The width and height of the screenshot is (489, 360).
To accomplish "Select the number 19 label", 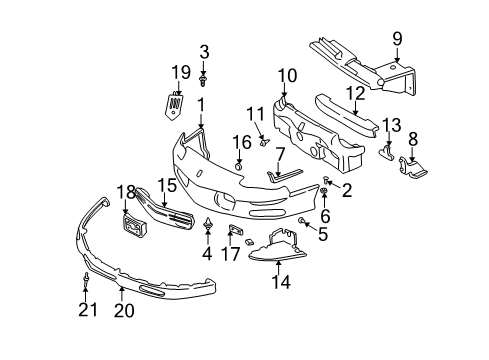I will (x=179, y=71).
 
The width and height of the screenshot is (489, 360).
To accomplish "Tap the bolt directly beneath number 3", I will (x=203, y=77).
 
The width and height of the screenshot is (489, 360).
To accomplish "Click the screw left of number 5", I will (x=302, y=219).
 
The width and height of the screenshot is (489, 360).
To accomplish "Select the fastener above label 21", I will (x=88, y=279).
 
